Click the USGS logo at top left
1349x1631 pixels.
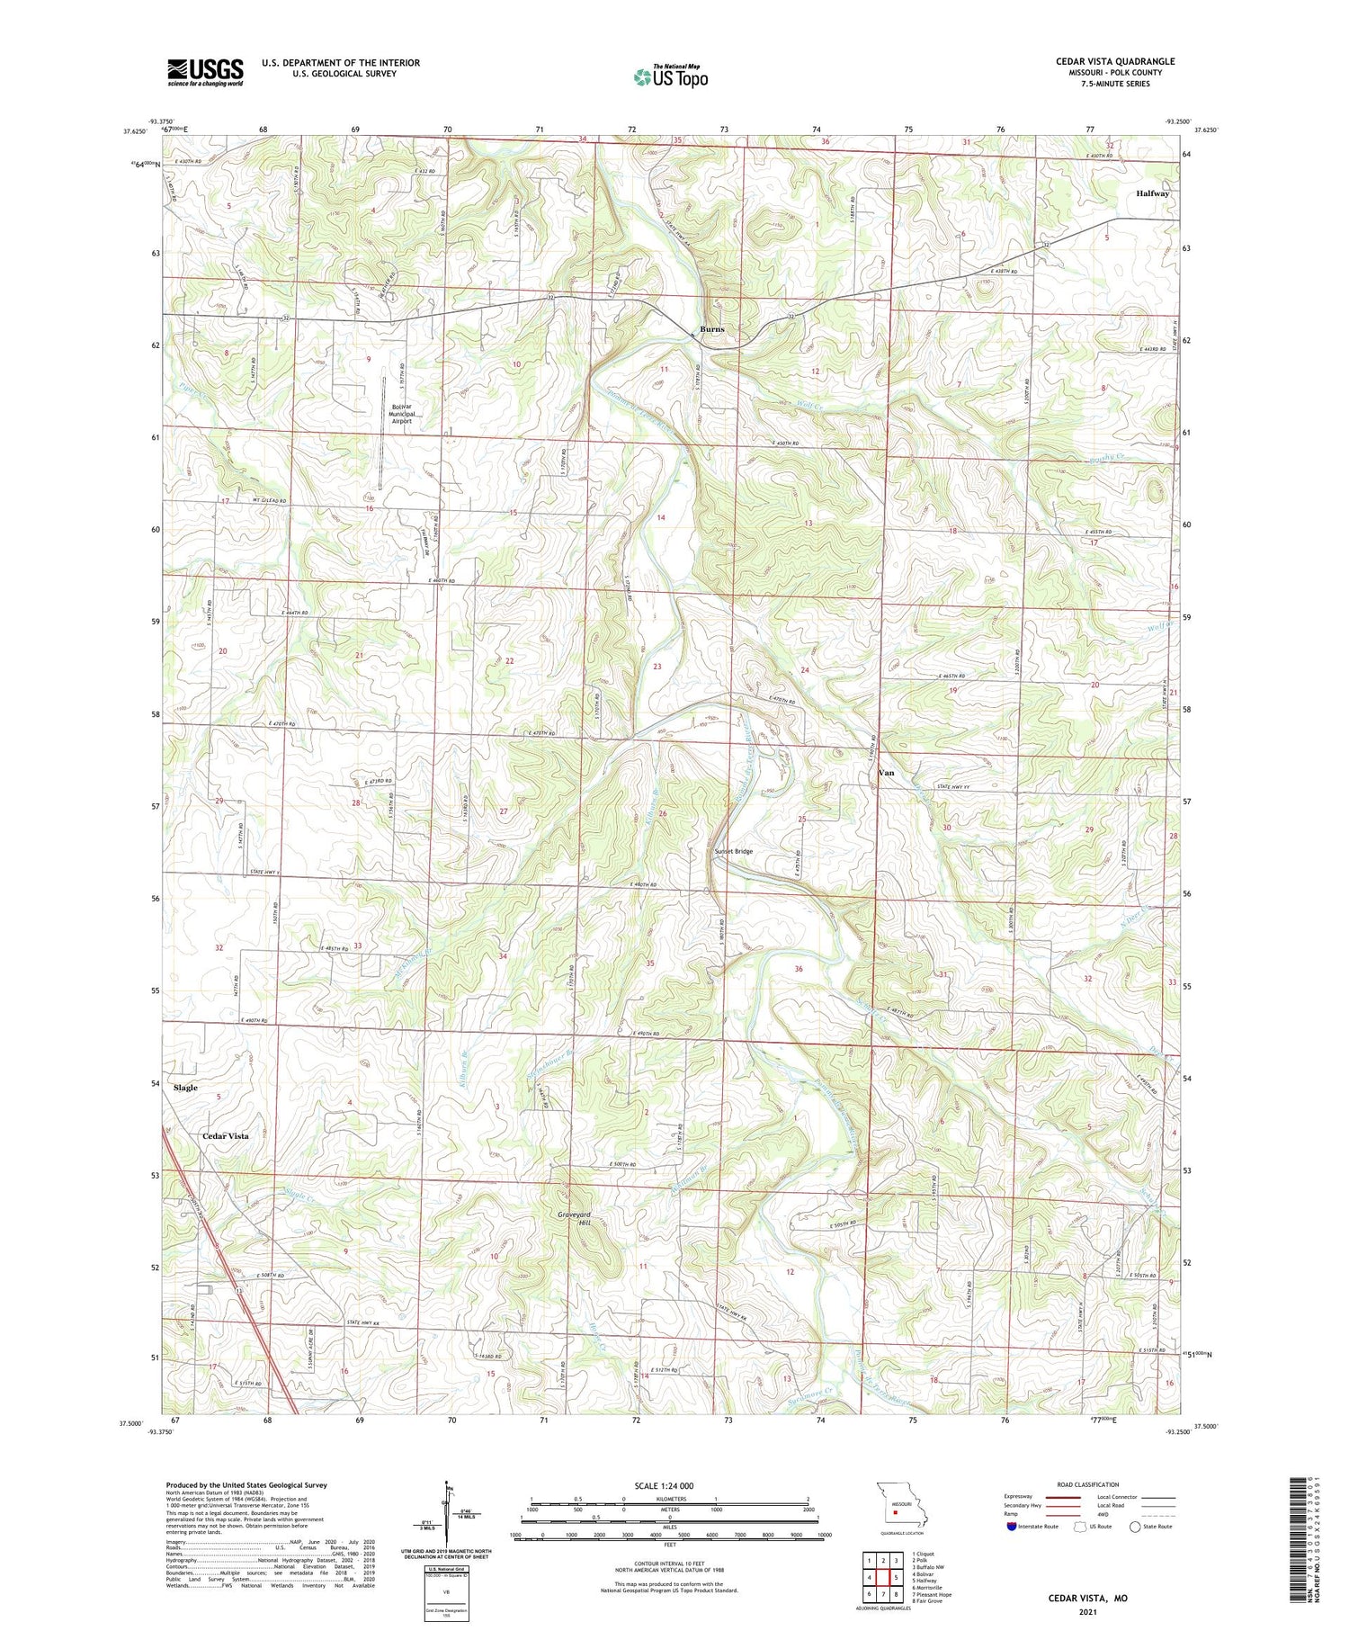point(205,72)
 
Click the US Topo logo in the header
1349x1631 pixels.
point(670,77)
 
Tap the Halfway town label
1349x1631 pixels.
point(1151,193)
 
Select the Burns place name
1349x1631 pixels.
point(712,329)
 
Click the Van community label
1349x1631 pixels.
point(886,773)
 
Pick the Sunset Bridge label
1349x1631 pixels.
point(733,851)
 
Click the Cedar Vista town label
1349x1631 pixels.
point(225,1136)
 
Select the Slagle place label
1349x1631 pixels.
point(185,1088)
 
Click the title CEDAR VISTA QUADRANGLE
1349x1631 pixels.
point(1114,61)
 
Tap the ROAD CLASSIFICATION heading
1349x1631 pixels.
point(1088,1485)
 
